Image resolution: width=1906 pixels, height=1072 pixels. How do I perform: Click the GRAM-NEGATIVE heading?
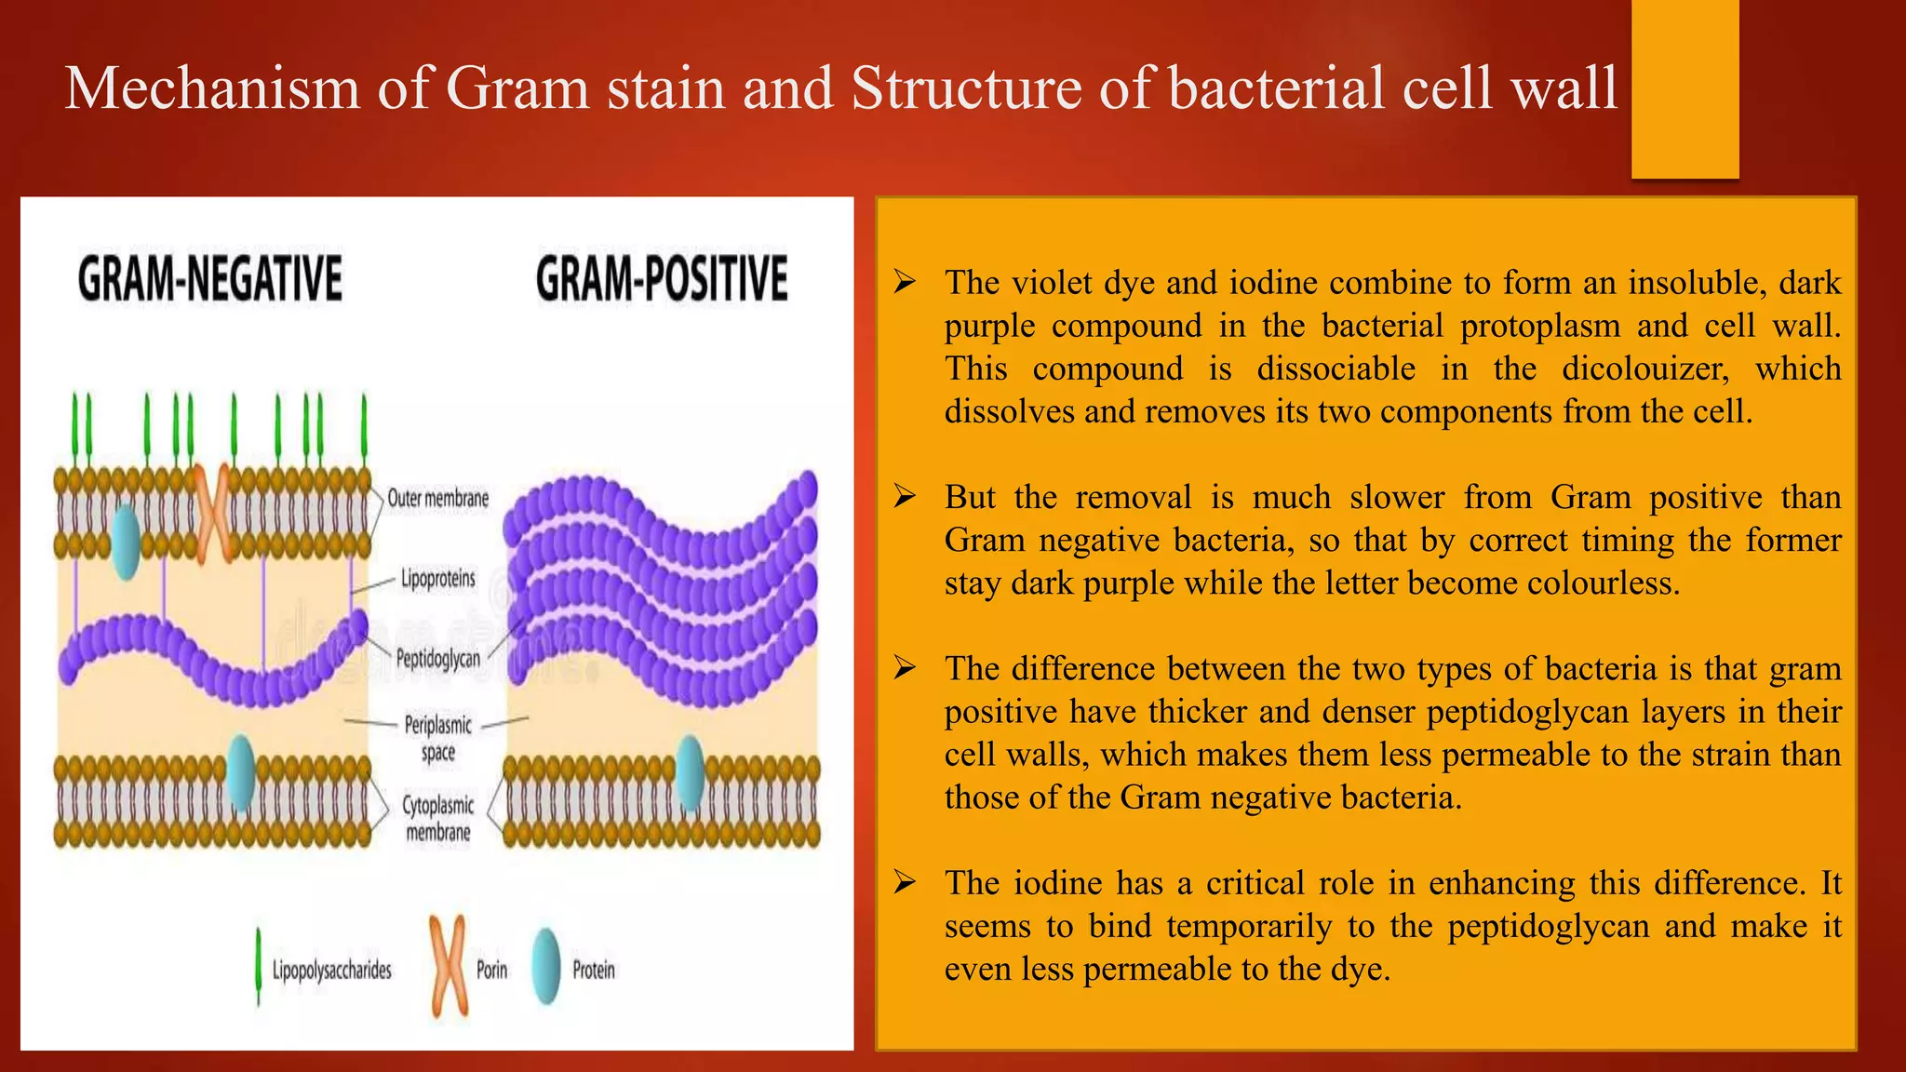pos(210,278)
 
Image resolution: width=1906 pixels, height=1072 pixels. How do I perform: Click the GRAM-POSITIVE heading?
pos(662,278)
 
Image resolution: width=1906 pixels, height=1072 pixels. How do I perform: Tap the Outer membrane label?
pos(437,499)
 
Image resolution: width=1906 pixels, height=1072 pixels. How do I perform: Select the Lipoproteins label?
pos(437,579)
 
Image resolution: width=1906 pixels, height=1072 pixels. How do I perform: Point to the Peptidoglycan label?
pos(438,659)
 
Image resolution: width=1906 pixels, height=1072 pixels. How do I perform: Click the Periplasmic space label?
pos(437,738)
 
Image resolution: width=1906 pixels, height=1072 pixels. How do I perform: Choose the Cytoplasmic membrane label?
pos(437,818)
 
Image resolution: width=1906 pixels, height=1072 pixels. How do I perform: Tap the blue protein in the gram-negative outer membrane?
pos(126,543)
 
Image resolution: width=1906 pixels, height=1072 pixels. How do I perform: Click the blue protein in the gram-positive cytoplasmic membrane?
pos(690,772)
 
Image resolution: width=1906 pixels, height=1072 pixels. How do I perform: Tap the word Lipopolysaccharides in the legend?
pos(331,971)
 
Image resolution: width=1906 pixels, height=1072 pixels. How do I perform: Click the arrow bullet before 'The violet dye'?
pos(905,282)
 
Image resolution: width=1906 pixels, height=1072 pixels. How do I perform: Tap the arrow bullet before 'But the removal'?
pos(905,497)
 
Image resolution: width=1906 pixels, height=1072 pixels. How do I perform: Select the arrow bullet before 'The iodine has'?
pos(905,882)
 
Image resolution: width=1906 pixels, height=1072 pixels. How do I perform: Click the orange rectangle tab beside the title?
pos(1685,88)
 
